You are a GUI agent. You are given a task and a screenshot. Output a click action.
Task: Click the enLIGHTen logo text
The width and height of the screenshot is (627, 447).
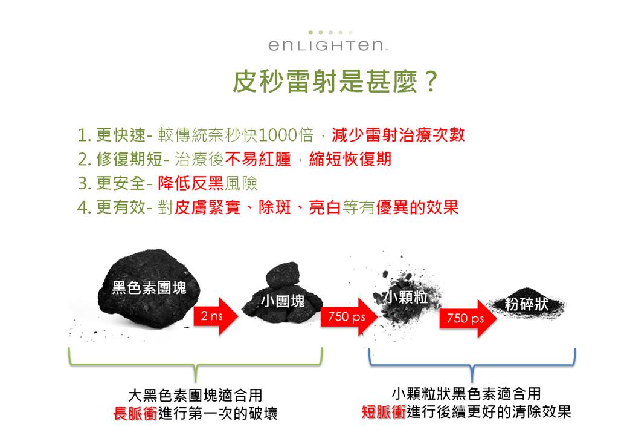click(326, 45)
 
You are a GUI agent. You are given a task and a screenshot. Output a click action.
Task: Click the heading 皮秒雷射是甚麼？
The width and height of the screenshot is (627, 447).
click(335, 81)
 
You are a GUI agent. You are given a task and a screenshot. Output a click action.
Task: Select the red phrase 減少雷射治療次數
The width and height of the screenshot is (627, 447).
click(398, 134)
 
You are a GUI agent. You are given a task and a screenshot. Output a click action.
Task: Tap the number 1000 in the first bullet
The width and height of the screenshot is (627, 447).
click(278, 135)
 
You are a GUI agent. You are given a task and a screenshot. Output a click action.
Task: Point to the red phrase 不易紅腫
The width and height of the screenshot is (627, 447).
click(259, 159)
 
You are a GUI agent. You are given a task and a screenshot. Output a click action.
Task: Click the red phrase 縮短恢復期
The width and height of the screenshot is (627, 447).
click(350, 159)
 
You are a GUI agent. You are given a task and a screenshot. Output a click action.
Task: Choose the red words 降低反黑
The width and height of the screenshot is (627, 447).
click(191, 183)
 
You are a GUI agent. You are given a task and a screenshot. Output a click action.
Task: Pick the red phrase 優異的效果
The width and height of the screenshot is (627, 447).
click(417, 207)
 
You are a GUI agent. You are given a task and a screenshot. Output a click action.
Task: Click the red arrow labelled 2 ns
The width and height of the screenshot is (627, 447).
click(216, 316)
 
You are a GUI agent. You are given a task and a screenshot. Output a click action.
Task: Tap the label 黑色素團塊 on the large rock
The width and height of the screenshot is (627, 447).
click(149, 287)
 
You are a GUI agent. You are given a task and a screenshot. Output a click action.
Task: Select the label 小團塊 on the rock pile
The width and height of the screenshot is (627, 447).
click(283, 301)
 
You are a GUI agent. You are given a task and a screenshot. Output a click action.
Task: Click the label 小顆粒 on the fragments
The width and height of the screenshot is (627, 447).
click(406, 297)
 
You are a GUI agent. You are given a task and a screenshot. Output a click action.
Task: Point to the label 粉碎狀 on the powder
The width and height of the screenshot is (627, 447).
click(526, 304)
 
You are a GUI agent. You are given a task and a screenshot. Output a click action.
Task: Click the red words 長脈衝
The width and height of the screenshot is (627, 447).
click(135, 413)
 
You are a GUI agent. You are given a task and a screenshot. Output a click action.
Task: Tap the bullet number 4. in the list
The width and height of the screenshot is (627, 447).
click(85, 207)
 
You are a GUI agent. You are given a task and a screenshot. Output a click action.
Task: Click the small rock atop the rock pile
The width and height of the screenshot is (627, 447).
click(282, 275)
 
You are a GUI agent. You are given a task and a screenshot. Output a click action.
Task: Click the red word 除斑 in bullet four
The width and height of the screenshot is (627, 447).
click(275, 207)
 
